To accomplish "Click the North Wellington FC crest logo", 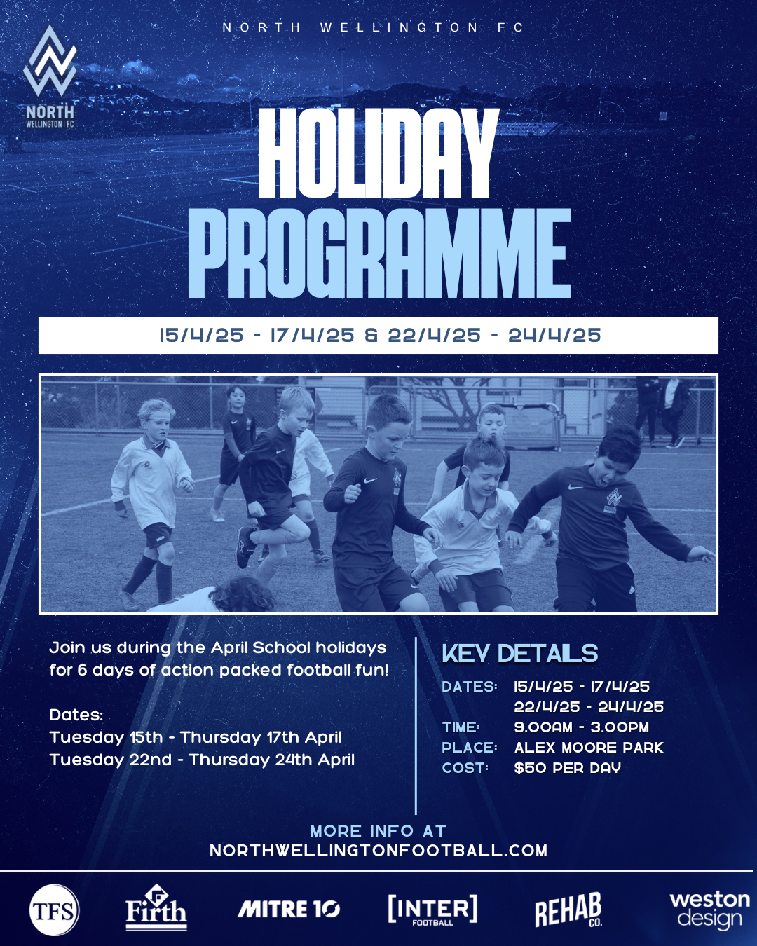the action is (x=50, y=76).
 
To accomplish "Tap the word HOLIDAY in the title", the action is (x=378, y=153).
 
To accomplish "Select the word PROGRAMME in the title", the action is (x=379, y=253).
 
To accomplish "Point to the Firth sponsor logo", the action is (x=156, y=907).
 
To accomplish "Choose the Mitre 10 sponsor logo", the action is (x=289, y=909).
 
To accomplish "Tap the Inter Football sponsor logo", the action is (x=432, y=910).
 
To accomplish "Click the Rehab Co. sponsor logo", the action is (x=568, y=910).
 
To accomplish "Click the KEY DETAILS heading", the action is (x=519, y=653).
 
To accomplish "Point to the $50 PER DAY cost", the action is (x=568, y=768).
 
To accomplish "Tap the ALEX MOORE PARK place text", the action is (x=589, y=747).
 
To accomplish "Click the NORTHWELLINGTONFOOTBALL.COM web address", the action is (x=378, y=850).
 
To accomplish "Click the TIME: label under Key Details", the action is (x=461, y=727).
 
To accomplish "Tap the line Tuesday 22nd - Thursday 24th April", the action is (x=202, y=760).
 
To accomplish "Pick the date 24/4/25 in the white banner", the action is (x=554, y=336).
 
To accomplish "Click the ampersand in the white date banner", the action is (x=371, y=336).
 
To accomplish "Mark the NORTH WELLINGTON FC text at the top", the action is (x=373, y=27).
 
